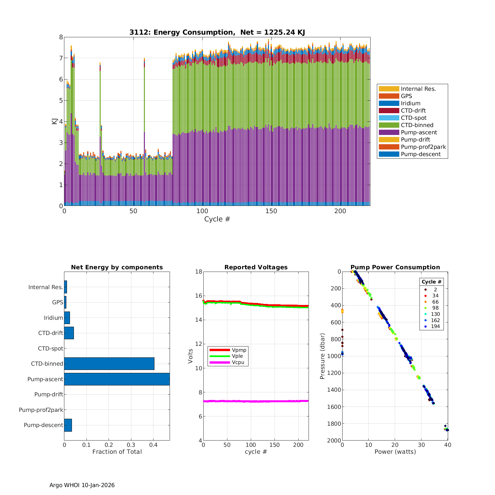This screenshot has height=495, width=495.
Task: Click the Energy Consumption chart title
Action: click(x=217, y=32)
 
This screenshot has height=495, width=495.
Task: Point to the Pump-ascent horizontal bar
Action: click(x=117, y=379)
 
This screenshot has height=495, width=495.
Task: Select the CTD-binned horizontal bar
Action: click(x=109, y=364)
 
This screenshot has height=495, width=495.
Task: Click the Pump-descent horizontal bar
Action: click(x=68, y=425)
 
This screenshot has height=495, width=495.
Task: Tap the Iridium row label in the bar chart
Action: click(x=53, y=318)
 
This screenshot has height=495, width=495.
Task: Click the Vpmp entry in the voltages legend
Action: click(x=239, y=350)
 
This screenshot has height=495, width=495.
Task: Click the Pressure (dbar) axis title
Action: click(x=322, y=356)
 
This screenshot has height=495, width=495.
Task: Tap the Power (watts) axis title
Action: click(x=395, y=452)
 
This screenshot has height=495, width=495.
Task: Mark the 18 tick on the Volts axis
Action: click(x=199, y=272)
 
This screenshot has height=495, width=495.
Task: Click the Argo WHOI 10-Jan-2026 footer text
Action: click(x=82, y=485)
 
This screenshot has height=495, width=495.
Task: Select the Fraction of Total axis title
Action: click(x=117, y=452)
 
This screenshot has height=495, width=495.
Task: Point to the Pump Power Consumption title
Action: click(x=395, y=267)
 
